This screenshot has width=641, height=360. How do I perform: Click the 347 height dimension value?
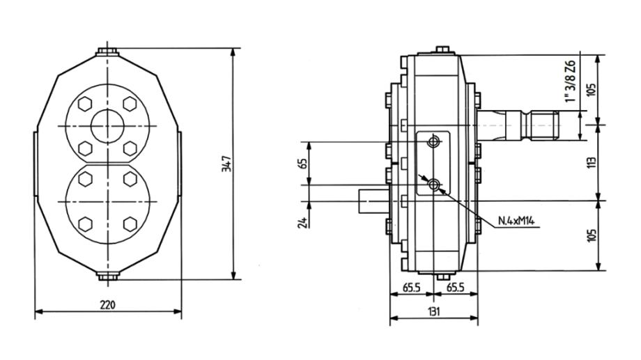226,164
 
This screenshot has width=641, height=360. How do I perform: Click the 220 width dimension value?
108,305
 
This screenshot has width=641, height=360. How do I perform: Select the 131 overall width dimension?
434,312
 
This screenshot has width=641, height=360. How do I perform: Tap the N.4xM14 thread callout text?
516,221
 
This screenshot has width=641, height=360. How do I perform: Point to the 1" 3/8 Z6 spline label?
570,81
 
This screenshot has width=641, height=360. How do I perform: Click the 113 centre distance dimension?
592,163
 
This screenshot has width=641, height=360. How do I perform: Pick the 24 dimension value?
302,222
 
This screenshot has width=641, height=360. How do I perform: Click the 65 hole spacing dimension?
303,164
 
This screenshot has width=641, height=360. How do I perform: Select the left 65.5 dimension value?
412,288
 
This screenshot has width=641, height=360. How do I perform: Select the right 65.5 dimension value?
455,288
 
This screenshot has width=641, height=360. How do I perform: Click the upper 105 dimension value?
592,90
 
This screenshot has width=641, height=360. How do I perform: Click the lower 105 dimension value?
592,236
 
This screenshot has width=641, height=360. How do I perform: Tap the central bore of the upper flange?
107,126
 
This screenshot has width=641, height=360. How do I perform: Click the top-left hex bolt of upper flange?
84,104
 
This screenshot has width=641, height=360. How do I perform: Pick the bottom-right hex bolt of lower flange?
130,224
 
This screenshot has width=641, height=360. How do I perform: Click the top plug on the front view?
107,52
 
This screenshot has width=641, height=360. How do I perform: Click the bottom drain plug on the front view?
108,276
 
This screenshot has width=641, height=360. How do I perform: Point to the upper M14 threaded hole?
434,142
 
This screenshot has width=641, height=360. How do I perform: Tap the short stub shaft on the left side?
373,201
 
